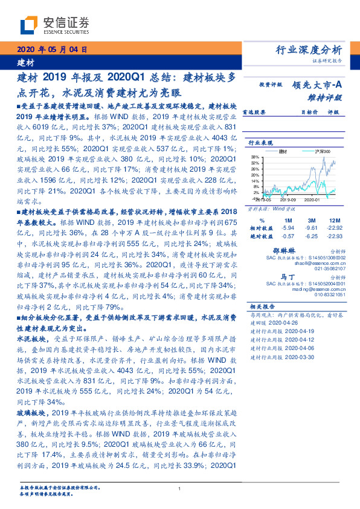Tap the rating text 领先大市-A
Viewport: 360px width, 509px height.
(318, 85)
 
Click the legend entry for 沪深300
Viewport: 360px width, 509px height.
(312, 151)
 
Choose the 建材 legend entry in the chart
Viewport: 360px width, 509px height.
(284, 151)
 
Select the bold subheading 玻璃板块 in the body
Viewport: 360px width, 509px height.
(30, 411)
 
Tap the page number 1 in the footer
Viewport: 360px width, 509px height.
(180, 489)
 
